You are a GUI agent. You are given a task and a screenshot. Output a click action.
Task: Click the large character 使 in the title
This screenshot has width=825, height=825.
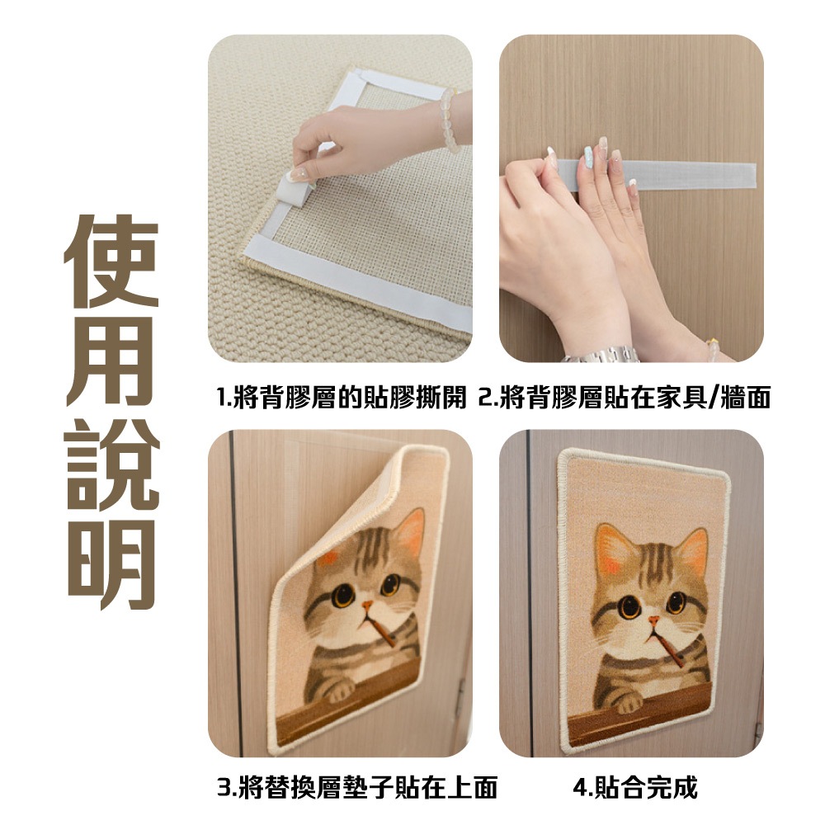tap(112, 261)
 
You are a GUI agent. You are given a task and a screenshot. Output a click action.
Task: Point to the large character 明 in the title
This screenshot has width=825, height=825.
tap(112, 564)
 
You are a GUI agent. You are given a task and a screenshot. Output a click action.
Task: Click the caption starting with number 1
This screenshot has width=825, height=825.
tap(342, 398)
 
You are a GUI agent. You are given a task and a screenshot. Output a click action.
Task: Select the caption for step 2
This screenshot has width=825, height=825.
tap(625, 398)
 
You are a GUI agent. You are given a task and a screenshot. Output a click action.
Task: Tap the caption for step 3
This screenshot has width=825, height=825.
tap(357, 788)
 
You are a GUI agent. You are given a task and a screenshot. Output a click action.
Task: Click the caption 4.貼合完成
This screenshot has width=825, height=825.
tap(635, 788)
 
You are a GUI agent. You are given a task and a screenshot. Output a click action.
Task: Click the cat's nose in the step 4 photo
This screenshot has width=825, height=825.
tap(653, 622)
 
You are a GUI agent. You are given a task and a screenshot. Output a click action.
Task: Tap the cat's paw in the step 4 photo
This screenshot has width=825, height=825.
tap(625, 702)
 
